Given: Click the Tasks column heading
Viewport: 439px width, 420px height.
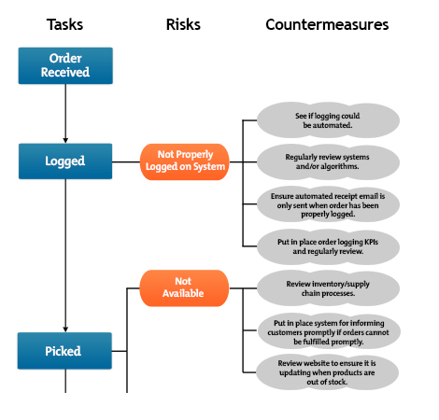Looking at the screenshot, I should [x=64, y=24].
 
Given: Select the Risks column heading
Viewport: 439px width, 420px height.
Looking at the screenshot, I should [x=184, y=24].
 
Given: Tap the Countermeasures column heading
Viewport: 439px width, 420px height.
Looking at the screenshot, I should [x=326, y=24].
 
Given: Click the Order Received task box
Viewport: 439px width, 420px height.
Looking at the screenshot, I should [x=65, y=65].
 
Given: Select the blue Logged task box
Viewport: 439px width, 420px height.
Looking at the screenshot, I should [x=65, y=161].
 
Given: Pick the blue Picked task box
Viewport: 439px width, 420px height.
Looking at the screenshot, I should [x=65, y=351].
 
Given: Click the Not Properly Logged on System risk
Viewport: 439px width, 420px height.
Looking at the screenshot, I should [x=184, y=161].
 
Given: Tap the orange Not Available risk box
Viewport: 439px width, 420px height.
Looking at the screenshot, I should [x=184, y=287].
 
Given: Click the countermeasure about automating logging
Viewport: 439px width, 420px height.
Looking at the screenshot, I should [x=326, y=119].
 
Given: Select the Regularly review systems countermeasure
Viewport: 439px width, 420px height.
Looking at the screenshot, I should [x=326, y=161].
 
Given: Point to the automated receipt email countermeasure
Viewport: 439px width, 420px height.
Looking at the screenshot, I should [x=326, y=203].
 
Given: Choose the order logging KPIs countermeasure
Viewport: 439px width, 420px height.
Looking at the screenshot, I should [x=326, y=245].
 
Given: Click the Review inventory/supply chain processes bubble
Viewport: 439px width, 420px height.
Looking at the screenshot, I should [x=326, y=287].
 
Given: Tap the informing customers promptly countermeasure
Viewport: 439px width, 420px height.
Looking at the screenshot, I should [x=326, y=330].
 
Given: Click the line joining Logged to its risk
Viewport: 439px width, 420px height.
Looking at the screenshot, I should [x=126, y=161].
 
